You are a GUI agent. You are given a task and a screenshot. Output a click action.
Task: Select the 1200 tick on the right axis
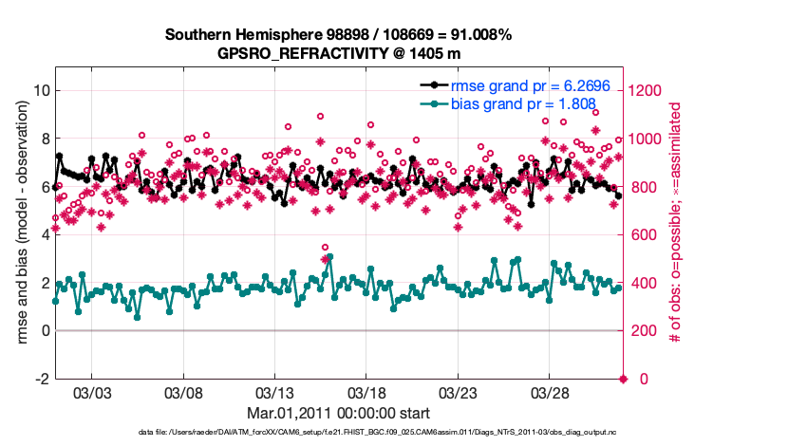pyautogui.click(x=648, y=91)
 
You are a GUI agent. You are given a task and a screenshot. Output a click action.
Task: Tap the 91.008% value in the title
pyautogui.click(x=479, y=34)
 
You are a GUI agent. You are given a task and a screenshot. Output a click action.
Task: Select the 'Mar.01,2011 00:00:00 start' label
pyautogui.click(x=338, y=413)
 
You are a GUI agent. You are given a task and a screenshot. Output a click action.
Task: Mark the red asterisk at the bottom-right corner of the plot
pyautogui.click(x=624, y=380)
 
